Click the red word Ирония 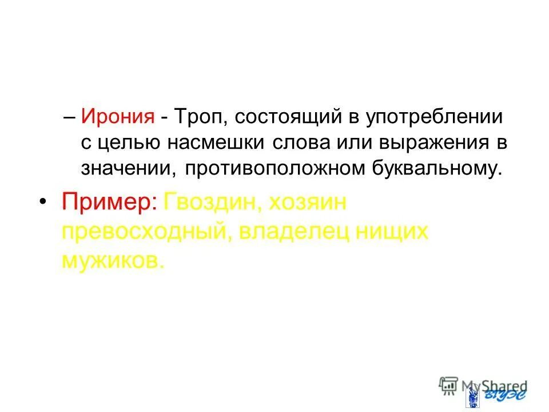(x=118, y=117)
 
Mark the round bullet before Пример (x=43, y=203)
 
